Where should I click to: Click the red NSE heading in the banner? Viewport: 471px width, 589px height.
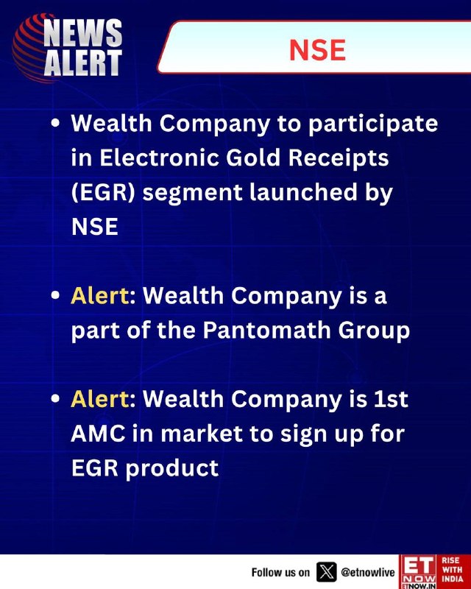tap(317, 50)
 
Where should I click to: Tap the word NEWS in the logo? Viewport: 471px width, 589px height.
tap(82, 33)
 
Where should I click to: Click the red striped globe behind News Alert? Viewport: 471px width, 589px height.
tap(32, 48)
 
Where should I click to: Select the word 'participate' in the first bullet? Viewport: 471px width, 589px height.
tap(373, 124)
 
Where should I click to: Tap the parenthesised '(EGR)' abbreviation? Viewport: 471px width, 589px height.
tap(103, 193)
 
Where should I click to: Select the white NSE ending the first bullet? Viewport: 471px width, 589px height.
tap(95, 227)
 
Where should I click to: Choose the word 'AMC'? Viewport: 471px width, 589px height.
tap(98, 434)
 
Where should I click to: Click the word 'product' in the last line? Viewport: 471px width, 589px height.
tap(171, 469)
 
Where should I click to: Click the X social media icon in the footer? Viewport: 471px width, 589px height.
tap(327, 572)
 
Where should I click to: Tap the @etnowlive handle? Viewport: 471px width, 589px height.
tap(368, 572)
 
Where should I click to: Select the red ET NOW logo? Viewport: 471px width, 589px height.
tap(419, 572)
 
